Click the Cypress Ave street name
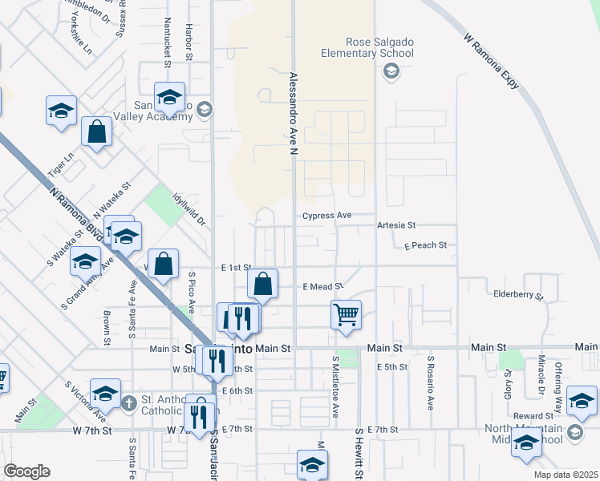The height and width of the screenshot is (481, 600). [327, 216]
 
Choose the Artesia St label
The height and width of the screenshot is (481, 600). [395, 226]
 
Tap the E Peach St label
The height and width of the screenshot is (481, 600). [425, 245]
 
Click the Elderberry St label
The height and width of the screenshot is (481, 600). [518, 295]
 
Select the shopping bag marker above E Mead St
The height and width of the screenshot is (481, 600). [263, 283]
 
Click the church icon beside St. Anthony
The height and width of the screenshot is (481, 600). [130, 401]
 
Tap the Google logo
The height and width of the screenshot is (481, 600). [26, 471]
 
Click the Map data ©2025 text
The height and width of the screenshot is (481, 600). [566, 475]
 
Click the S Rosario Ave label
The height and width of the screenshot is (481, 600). [431, 383]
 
